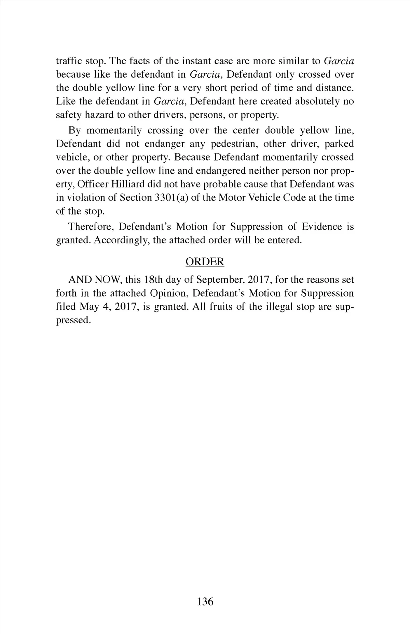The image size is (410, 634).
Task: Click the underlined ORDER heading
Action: pos(205,262)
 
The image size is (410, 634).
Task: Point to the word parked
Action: pos(339,144)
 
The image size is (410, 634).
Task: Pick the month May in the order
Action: pos(87,307)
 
